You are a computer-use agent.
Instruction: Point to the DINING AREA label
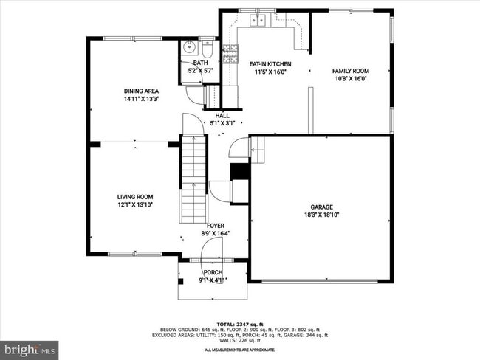(x=141, y=91)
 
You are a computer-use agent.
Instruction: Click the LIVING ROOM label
(x=135, y=196)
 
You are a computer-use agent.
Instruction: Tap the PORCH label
(x=213, y=272)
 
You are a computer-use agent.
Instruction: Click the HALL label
(x=222, y=116)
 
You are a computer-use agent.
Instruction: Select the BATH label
(x=201, y=63)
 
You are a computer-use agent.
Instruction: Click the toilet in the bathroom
(x=208, y=50)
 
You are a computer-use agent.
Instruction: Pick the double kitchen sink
(x=258, y=20)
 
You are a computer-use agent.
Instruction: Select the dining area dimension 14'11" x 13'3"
(x=141, y=98)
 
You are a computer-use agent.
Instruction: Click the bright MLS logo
(x=30, y=347)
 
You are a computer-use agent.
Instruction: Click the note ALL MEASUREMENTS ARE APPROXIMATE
(x=239, y=350)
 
